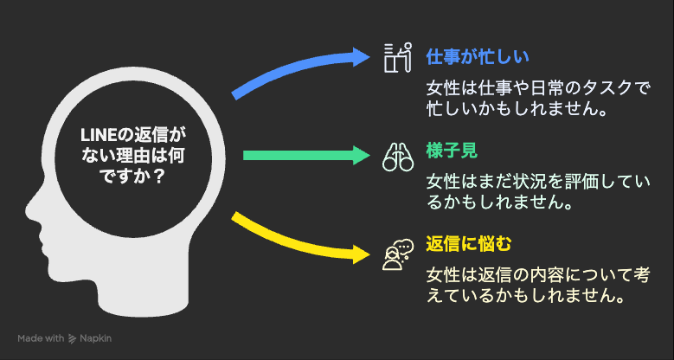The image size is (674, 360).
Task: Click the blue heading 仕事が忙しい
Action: click(x=477, y=57)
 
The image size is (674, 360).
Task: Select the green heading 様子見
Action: click(x=452, y=151)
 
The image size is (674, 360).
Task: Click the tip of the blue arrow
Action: click(x=369, y=56)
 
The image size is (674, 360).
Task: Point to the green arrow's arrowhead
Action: click(x=362, y=155)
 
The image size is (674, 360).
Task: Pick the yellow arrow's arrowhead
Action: click(x=362, y=254)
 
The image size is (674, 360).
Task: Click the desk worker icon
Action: click(x=398, y=57)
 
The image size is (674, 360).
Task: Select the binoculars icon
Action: click(x=398, y=155)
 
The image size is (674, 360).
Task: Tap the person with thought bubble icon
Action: click(x=398, y=254)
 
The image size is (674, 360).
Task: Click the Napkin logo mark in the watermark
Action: click(x=72, y=338)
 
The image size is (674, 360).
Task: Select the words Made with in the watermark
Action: click(x=41, y=338)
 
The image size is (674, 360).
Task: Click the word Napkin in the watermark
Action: click(x=95, y=338)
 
